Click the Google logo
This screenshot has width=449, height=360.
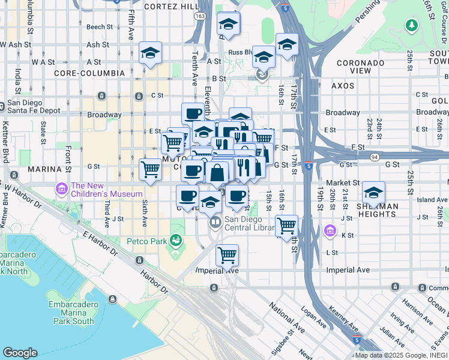[20, 353]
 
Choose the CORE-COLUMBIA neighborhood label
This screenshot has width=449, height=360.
[89, 73]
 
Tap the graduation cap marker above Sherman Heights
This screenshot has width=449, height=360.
[373, 193]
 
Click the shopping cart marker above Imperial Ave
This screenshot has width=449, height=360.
[227, 255]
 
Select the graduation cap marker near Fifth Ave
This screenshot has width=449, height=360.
[150, 53]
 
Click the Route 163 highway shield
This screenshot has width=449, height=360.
[199, 16]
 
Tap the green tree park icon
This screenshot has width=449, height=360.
[412, 25]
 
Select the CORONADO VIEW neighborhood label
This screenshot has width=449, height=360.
[362, 67]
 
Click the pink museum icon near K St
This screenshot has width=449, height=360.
[330, 231]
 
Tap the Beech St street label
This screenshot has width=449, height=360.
[99, 27]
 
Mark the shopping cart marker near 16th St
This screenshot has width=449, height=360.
[287, 226]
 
